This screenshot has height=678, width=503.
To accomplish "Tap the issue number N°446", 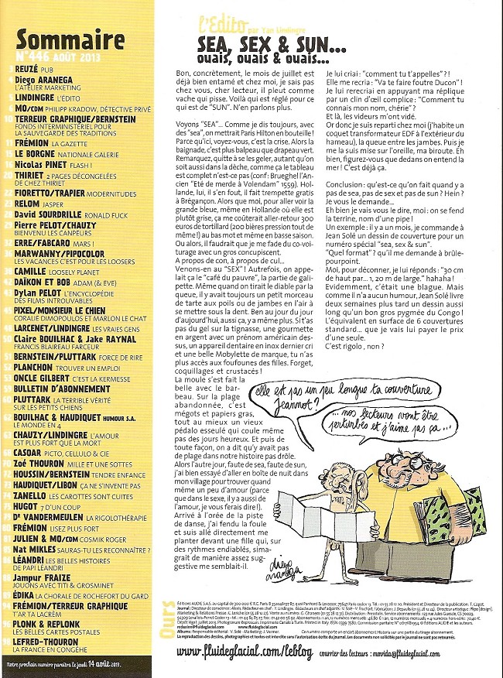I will click(33, 56).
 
